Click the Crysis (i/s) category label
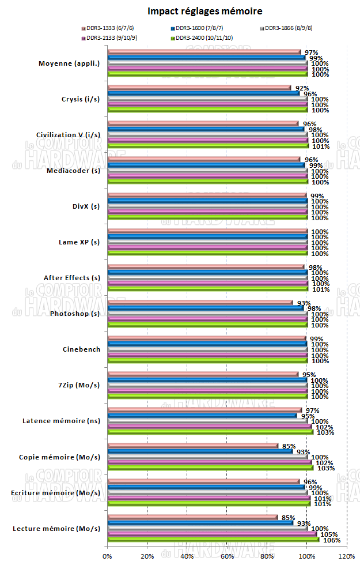[x=80, y=99]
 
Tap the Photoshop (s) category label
[x=75, y=314]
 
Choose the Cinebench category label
[x=81, y=349]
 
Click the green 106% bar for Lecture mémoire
[x=213, y=540]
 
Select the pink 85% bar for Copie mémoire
[x=193, y=446]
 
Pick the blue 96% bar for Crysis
[x=203, y=93]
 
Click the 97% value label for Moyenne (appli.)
[x=312, y=52]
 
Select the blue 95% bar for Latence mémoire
[x=202, y=416]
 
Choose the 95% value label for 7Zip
[x=310, y=374]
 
